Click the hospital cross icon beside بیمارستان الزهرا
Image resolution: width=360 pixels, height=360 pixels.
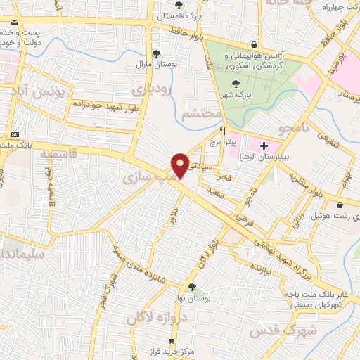point(264,146)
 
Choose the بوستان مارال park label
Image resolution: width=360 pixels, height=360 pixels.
point(156,65)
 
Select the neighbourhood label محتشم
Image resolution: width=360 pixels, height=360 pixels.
point(202,112)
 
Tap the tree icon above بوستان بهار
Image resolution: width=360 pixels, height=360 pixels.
point(192,286)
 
